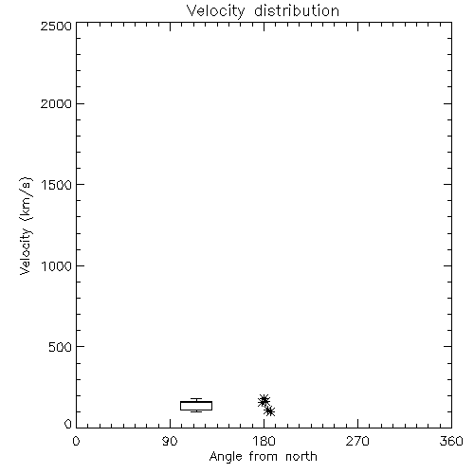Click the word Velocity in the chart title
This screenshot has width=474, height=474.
point(215,11)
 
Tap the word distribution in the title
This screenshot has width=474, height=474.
point(297,10)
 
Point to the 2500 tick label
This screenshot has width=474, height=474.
point(56,26)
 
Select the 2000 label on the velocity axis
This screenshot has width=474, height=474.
point(56,103)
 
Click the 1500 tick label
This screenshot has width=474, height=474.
point(57,185)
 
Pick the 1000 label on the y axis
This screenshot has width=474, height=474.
point(57,266)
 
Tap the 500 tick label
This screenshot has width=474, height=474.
point(61,347)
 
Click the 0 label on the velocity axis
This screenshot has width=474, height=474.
point(68,424)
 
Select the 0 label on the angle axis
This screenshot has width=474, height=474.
point(76,441)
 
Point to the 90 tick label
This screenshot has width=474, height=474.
point(170,441)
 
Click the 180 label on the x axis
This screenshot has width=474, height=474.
point(264,441)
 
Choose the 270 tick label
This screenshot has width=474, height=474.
point(357,441)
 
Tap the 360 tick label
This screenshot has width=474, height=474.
point(451,441)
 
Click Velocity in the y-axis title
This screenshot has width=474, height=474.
point(26,251)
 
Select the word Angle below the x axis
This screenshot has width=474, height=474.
point(226,457)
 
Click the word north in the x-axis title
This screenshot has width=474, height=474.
point(301,457)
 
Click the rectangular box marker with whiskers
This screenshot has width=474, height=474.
point(196,402)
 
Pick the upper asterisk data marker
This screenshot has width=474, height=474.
point(264,400)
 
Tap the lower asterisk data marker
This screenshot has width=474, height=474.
point(269,411)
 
